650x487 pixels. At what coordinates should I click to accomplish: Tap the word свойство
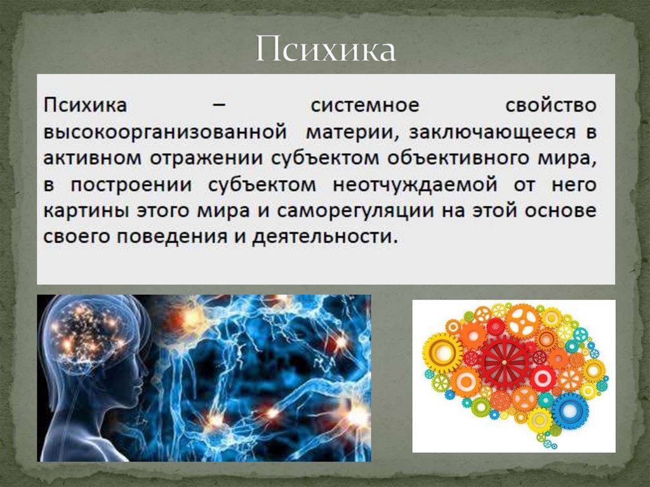pyautogui.click(x=551, y=104)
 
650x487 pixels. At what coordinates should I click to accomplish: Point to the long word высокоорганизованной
pyautogui.click(x=162, y=133)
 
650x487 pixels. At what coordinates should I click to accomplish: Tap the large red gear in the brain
pyautogui.click(x=505, y=363)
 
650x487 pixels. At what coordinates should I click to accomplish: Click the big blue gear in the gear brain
pyautogui.click(x=569, y=411)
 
